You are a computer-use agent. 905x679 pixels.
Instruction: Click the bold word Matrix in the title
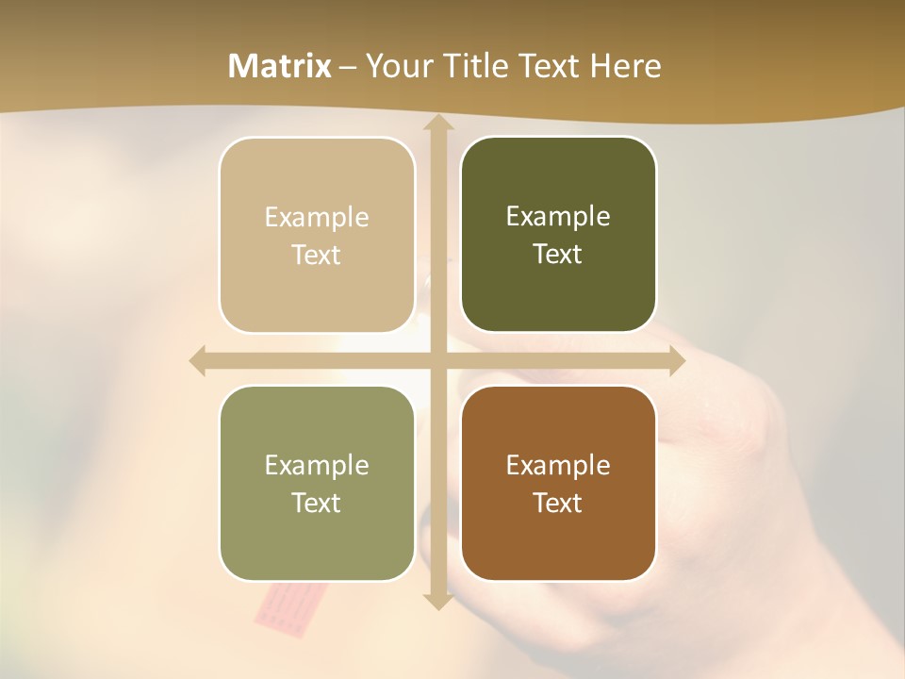click(x=280, y=66)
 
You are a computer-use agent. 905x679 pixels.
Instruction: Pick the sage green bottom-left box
click(x=317, y=538)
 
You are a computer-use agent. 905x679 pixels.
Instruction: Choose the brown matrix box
click(x=558, y=538)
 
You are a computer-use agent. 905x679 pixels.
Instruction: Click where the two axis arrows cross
click(x=437, y=361)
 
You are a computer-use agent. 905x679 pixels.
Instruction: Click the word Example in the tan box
click(x=317, y=218)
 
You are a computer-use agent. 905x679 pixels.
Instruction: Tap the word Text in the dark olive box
click(x=558, y=255)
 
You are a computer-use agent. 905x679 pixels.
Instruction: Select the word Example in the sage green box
click(x=317, y=465)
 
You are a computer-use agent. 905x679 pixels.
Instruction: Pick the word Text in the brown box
click(x=558, y=503)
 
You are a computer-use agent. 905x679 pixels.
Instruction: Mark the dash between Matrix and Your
click(x=348, y=67)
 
